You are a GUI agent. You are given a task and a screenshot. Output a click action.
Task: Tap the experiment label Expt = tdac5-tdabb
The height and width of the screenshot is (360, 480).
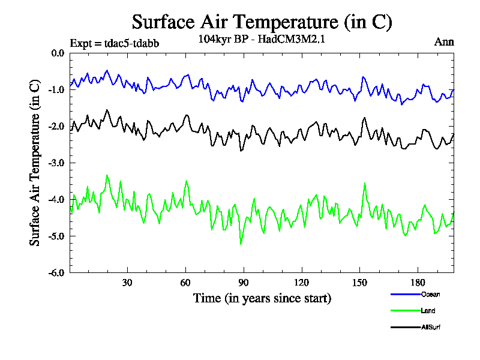point(115,43)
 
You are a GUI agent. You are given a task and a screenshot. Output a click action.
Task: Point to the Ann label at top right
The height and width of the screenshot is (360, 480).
point(444,42)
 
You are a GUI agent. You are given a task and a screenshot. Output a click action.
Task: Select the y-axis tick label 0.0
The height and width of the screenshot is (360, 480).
point(58,53)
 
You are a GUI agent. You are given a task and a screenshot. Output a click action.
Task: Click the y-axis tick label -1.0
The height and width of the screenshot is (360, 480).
point(56,89)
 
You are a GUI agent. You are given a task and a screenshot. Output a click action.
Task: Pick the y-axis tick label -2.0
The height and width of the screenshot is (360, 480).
point(56,126)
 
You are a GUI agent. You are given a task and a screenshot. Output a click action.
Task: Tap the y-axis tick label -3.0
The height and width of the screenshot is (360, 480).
point(56,163)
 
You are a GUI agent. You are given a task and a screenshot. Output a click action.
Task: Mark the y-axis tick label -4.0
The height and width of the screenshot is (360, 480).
point(56,199)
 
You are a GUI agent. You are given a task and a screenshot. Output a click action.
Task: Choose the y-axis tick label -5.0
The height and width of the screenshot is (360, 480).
point(56,236)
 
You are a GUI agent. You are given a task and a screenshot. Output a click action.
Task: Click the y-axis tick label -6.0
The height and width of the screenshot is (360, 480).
point(56,272)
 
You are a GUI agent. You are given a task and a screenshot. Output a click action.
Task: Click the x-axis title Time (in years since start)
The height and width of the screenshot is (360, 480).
point(262,298)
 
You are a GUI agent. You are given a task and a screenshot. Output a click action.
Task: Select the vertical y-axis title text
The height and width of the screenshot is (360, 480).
point(35,163)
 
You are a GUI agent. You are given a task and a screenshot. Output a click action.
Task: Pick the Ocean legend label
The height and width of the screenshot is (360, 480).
point(430,294)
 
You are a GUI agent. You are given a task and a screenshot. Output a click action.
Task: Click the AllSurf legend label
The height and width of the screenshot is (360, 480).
point(431,327)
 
